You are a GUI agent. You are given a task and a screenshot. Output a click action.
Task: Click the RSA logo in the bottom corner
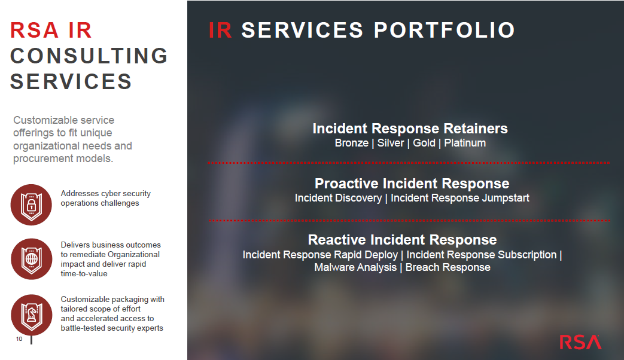click(x=580, y=342)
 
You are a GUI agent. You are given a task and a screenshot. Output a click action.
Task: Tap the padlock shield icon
click(x=31, y=205)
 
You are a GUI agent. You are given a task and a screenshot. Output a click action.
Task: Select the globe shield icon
click(x=32, y=259)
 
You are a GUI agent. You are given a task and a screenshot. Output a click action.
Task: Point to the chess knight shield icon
click(x=32, y=315)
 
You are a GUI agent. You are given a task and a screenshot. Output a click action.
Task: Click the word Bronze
click(x=352, y=143)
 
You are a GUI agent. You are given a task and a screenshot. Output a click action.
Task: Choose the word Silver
click(x=391, y=143)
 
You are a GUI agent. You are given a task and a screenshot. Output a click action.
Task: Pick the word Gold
click(x=424, y=143)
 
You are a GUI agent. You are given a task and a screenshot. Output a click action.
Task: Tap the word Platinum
click(x=465, y=143)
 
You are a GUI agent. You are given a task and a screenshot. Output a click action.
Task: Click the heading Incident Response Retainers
click(x=410, y=129)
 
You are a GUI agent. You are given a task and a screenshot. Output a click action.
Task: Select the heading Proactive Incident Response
click(x=412, y=184)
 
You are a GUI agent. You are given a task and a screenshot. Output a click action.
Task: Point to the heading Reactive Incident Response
click(x=402, y=239)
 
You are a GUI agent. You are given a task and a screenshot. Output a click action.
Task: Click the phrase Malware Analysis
click(x=355, y=267)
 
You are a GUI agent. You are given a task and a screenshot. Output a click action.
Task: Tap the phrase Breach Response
click(x=448, y=267)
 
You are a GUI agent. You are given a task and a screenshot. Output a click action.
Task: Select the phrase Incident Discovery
click(x=338, y=198)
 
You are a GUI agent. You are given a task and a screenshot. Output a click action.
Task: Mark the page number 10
click(x=19, y=339)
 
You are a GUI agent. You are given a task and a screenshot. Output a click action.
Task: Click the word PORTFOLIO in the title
click(x=444, y=30)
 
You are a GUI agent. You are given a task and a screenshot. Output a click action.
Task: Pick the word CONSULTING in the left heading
click(x=89, y=56)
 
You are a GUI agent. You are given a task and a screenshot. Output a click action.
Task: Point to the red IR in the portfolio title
click(x=220, y=30)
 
